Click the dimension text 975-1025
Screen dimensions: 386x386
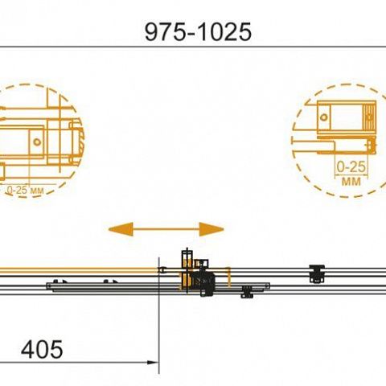(198, 32)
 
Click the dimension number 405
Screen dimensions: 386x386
(42, 350)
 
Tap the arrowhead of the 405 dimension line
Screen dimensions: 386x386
(153, 363)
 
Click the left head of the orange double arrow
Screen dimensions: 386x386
(121, 229)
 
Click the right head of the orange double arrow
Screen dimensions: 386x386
(211, 229)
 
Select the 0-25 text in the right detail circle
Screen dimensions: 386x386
(351, 167)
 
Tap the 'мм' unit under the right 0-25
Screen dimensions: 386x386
(351, 182)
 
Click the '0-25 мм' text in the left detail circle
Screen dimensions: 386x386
(25, 191)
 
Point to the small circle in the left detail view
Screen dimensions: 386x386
(37, 142)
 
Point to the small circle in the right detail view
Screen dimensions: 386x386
(323, 117)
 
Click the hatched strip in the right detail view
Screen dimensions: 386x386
(369, 117)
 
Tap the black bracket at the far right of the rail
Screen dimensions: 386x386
(317, 273)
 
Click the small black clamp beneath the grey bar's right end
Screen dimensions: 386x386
(247, 292)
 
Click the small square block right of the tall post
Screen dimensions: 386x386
(202, 263)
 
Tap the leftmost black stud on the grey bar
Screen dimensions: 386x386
(55, 281)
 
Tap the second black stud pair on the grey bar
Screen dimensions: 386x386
(110, 281)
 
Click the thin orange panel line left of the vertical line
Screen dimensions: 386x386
(78, 270)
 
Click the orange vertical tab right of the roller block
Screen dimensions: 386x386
(228, 277)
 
